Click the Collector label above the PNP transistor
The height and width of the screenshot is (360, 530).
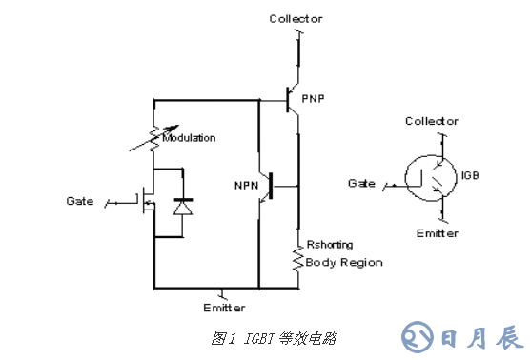tap(296, 18)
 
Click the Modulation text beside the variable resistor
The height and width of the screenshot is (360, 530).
tap(189, 138)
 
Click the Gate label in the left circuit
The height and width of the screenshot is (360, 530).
tap(80, 201)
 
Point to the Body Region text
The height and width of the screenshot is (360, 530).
tap(344, 262)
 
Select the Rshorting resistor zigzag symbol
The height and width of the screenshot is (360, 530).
tap(297, 261)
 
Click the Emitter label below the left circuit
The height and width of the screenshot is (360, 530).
tap(224, 308)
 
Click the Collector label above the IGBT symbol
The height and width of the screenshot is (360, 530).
tap(432, 121)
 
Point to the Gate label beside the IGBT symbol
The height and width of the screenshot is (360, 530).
tap(361, 182)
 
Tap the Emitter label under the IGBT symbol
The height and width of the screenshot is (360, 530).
tap(437, 233)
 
